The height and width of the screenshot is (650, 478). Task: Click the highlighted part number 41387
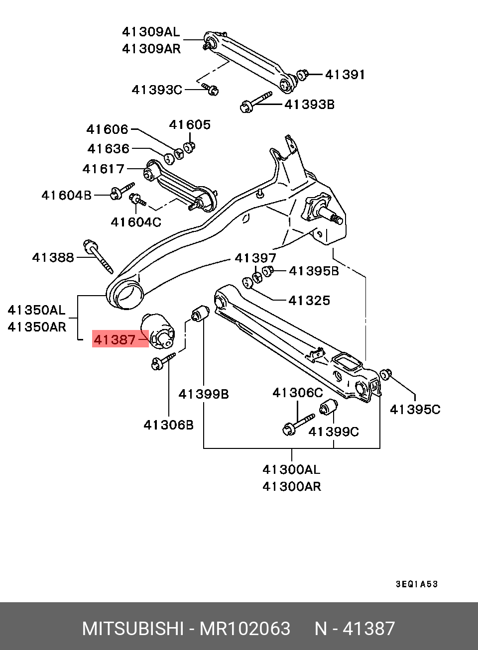115,339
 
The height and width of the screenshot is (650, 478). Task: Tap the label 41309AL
150,32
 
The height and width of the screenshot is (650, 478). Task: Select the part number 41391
345,75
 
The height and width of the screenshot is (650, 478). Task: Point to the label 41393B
309,105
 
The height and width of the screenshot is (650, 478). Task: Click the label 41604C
136,222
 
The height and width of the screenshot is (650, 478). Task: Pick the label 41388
53,257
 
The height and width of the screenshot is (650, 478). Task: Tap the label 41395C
415,409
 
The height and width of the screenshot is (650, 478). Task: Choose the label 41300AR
292,486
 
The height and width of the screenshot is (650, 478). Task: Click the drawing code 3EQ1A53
417,584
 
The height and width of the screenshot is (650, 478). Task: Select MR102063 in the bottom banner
244,629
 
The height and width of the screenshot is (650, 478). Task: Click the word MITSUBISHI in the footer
132,629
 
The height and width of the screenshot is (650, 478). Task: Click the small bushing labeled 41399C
328,409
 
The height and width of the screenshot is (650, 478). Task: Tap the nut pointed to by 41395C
385,374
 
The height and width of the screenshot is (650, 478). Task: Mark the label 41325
309,300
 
